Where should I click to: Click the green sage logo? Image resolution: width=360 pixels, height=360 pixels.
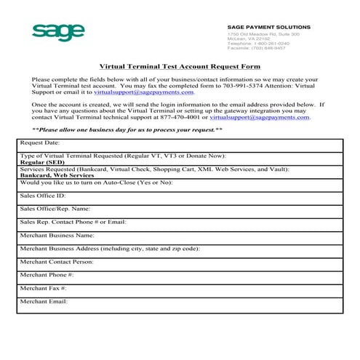(59, 32)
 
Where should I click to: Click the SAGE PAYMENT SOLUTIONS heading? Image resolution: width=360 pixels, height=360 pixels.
(268, 27)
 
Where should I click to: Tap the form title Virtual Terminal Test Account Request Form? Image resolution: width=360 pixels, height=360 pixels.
(179, 65)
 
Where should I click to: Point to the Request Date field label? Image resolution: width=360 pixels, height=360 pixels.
(40, 143)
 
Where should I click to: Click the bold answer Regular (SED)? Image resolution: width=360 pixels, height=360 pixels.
(42, 162)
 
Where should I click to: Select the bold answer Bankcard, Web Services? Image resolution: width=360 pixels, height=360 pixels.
(57, 175)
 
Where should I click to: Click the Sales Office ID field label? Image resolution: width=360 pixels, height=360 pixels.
(43, 196)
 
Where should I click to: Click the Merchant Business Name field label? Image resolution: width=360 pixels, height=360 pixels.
(57, 235)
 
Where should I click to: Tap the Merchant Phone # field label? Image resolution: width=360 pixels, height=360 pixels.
(47, 275)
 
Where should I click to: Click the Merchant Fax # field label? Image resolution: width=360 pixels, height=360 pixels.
(44, 288)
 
